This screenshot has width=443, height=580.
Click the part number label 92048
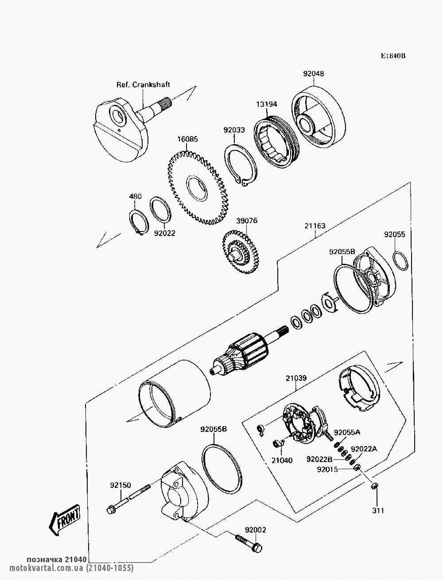[x=313, y=74]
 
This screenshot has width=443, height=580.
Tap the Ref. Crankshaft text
[x=144, y=85]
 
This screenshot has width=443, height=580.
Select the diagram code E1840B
[x=393, y=63]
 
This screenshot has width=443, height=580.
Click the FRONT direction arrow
[x=64, y=520]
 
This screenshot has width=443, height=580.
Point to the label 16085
[x=187, y=139]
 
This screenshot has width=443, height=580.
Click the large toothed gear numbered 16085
[x=198, y=188]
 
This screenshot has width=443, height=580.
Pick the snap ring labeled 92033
[x=241, y=166]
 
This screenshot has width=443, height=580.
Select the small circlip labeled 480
[x=139, y=222]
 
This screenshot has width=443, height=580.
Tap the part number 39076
[x=247, y=221]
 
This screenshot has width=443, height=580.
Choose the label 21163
[x=315, y=226]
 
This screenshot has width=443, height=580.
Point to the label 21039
[x=296, y=378]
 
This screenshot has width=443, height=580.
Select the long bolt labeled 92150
[x=128, y=496]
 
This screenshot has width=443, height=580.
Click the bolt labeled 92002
[x=249, y=543]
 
